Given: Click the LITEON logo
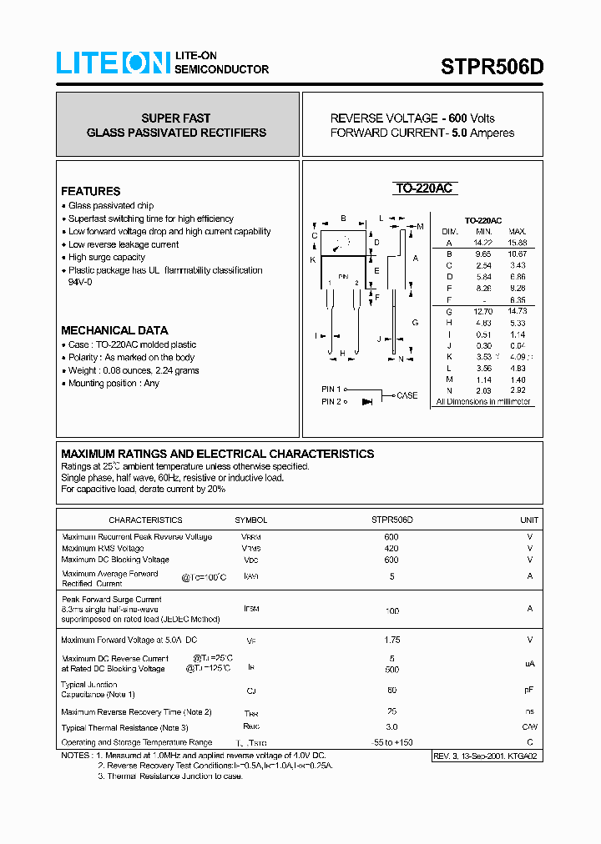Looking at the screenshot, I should pos(113,63).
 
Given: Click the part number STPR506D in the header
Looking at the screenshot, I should pos(492,67).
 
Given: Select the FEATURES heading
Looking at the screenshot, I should pos(90,191).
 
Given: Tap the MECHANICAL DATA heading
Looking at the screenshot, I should pos(114,330).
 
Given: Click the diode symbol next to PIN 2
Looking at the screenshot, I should pos(366,402).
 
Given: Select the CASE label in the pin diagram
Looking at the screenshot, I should pos(407,395).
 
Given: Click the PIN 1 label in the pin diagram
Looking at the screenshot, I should pos(331,389).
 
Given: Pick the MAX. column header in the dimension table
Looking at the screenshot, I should pos(518,231).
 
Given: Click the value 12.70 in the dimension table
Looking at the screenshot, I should pos(484,311).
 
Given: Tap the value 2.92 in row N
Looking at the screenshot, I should pos(518,390).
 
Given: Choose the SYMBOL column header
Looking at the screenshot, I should pos(251,520).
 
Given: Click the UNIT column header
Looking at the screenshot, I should pos(529,520).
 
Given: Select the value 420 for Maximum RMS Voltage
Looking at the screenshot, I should pos(391,548).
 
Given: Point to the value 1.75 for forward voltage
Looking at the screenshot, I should pos(391,640).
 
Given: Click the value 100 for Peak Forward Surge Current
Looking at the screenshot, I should pos(391,611).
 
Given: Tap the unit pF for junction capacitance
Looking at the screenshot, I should pos(529,690).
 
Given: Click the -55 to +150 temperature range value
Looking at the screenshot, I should pos(391,742).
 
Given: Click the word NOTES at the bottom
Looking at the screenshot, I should pos(76,755).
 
